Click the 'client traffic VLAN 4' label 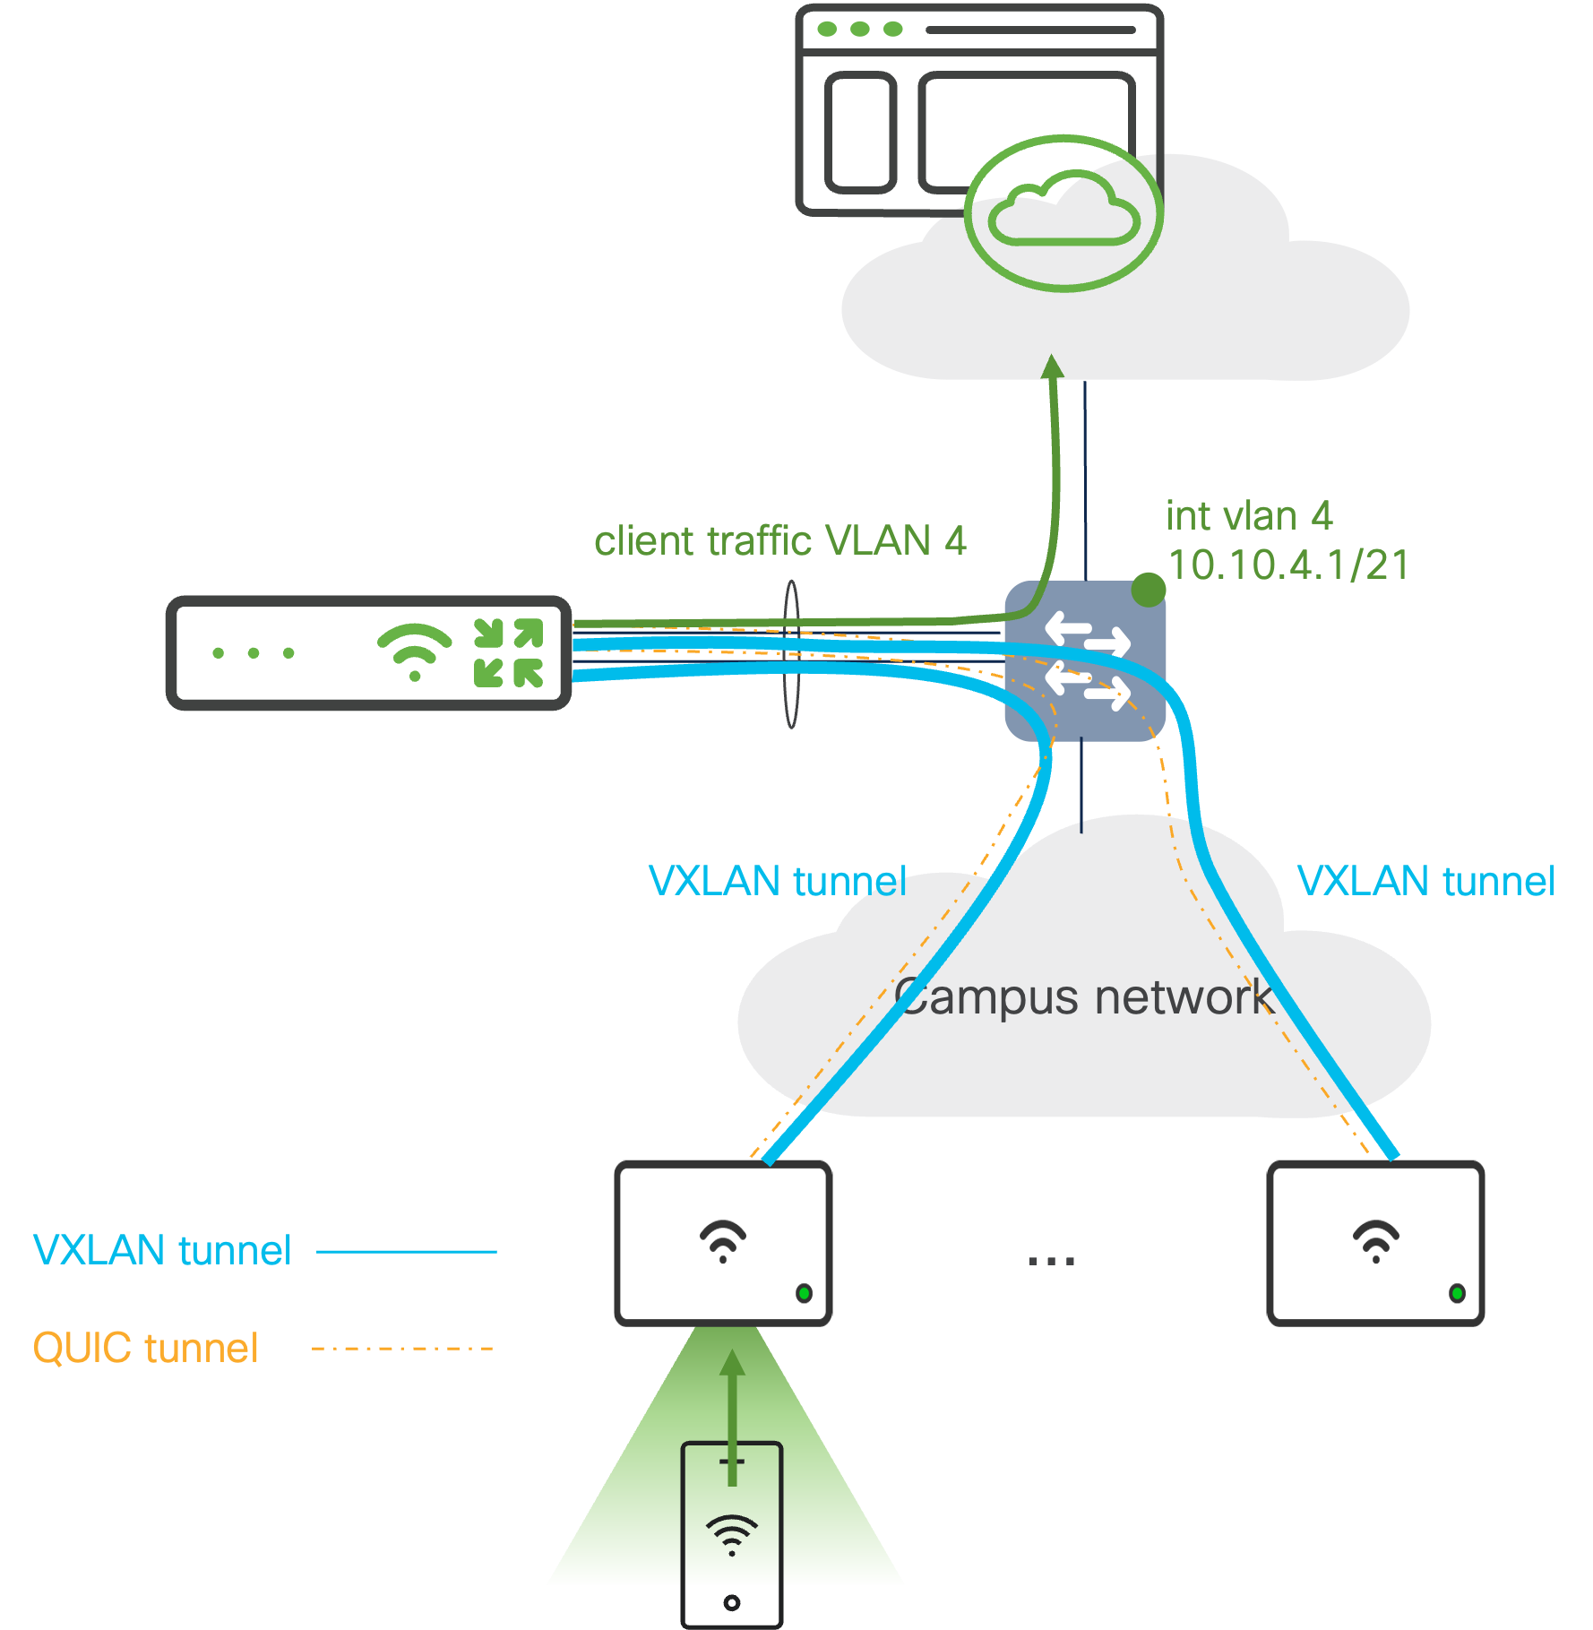[x=779, y=541]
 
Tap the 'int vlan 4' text [x=1249, y=516]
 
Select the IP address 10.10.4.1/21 [x=1288, y=565]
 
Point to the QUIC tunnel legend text [x=145, y=1348]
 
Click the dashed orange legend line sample [x=402, y=1348]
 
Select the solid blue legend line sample [x=407, y=1251]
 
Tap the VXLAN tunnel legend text [x=162, y=1250]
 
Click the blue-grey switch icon [x=1084, y=661]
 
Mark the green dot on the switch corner [x=1148, y=590]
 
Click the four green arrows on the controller [x=508, y=653]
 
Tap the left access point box [x=723, y=1243]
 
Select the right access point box [x=1375, y=1243]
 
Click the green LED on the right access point [x=1457, y=1293]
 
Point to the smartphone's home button [x=732, y=1602]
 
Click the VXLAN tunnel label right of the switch [x=1425, y=881]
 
